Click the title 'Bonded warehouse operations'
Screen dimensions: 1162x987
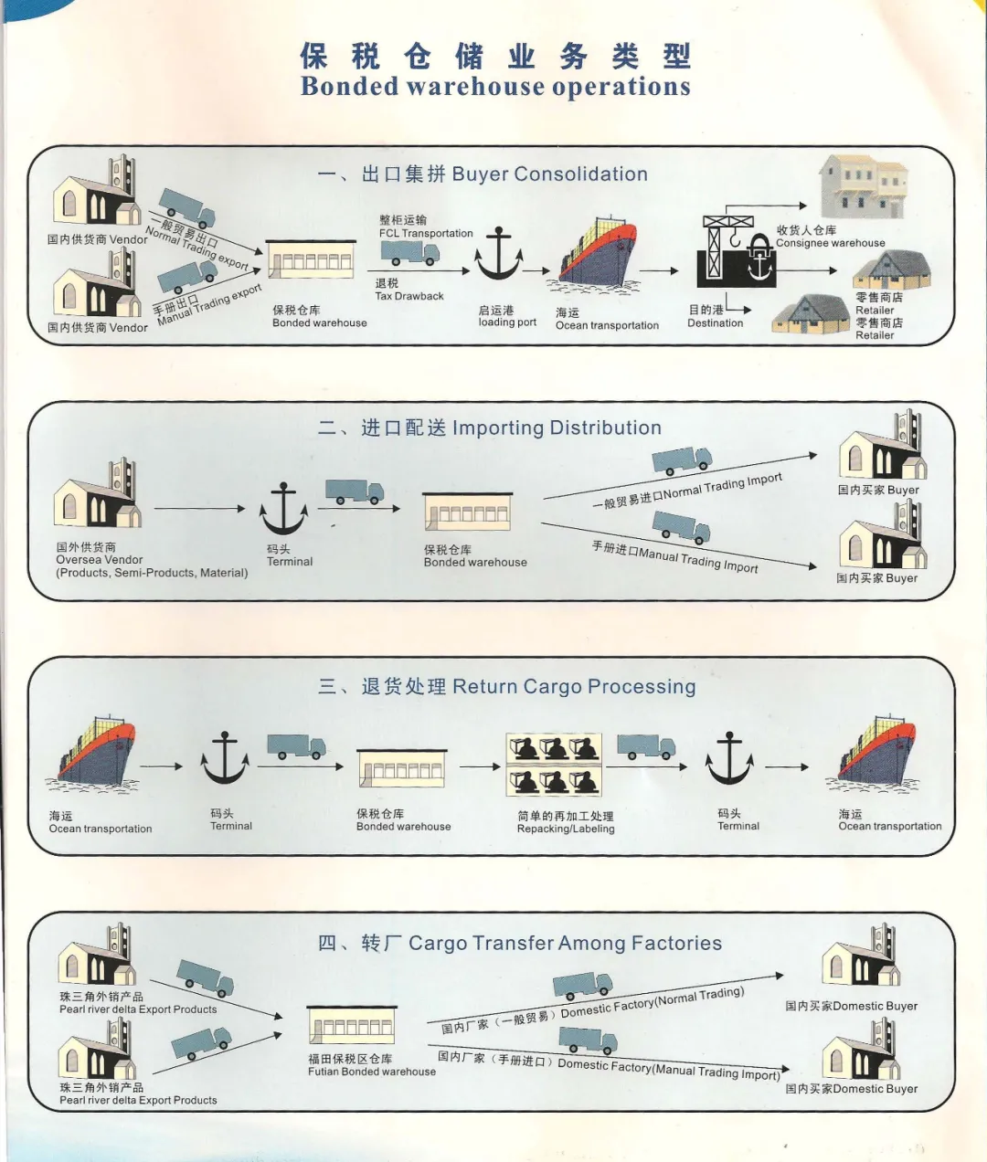[x=495, y=87]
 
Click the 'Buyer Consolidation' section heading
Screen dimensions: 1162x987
[x=549, y=174]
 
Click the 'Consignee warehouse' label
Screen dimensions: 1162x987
[x=830, y=243]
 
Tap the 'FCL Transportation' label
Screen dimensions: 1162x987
[x=426, y=233]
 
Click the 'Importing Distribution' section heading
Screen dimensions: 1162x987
[x=557, y=428]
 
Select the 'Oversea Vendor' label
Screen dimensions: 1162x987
[x=100, y=560]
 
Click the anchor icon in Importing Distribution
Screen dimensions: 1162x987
[x=283, y=510]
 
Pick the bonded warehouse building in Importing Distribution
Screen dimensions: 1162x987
[x=467, y=512]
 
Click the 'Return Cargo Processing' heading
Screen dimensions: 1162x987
[x=574, y=687]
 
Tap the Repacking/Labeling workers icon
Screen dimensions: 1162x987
[x=554, y=764]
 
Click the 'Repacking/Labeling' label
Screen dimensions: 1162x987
[x=566, y=829]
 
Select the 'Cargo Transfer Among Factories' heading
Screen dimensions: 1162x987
[x=565, y=944]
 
